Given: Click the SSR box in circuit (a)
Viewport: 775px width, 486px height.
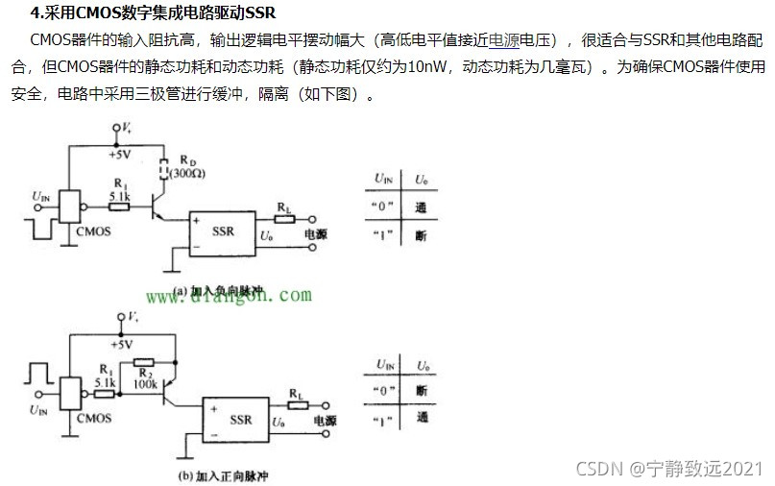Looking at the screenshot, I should coord(223,232).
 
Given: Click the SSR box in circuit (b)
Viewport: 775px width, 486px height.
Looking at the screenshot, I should coord(240,419).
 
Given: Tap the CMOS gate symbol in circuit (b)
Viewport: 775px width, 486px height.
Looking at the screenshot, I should coord(69,393).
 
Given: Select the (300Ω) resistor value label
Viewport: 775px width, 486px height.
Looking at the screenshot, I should coord(189,173).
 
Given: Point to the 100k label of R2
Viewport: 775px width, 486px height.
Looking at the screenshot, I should coord(145,382).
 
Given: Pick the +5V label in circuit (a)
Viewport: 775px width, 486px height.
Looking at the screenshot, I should coord(120,154).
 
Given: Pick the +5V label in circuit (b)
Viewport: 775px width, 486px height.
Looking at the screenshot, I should coord(122,344).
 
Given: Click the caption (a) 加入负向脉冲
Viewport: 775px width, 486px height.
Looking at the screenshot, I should coord(220,289).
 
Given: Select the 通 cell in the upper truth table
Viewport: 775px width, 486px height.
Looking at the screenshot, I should coord(421,207).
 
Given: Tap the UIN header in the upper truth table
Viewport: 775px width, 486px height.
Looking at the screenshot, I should coord(383,180).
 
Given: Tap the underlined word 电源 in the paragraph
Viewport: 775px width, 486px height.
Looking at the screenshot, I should coord(505,40).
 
